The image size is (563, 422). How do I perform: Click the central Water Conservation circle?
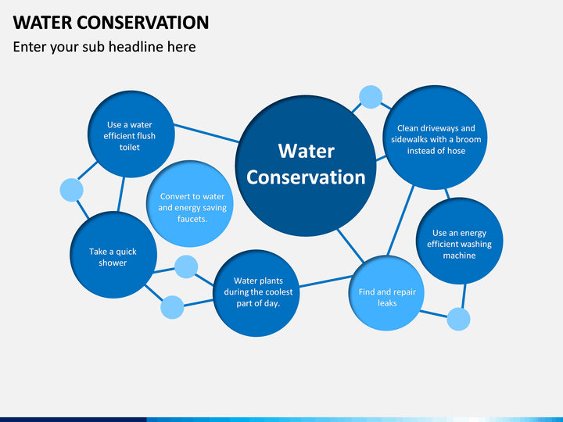click(306, 166)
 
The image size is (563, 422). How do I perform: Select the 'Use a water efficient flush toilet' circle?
click(131, 134)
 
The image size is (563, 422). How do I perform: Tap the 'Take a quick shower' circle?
click(113, 255)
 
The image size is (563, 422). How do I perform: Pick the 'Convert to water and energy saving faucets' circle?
click(189, 204)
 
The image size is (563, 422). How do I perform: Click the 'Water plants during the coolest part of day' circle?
click(256, 293)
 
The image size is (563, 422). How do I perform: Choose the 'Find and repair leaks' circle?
click(386, 293)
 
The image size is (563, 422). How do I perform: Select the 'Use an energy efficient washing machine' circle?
click(460, 241)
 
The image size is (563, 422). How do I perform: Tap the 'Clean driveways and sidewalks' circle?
click(436, 138)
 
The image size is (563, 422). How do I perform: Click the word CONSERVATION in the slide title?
click(142, 23)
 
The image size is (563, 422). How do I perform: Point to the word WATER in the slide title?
click(42, 23)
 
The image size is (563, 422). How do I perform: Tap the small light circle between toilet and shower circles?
click(71, 190)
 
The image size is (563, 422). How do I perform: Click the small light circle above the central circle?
click(371, 97)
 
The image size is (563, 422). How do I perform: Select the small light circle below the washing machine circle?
click(458, 319)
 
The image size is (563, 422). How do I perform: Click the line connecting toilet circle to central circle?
click(206, 133)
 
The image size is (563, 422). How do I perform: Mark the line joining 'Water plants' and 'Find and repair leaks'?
click(325, 281)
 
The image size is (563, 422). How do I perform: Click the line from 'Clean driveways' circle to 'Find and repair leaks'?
click(400, 220)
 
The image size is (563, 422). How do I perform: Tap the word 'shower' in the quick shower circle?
click(113, 263)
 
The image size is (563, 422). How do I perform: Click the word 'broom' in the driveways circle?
click(469, 140)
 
